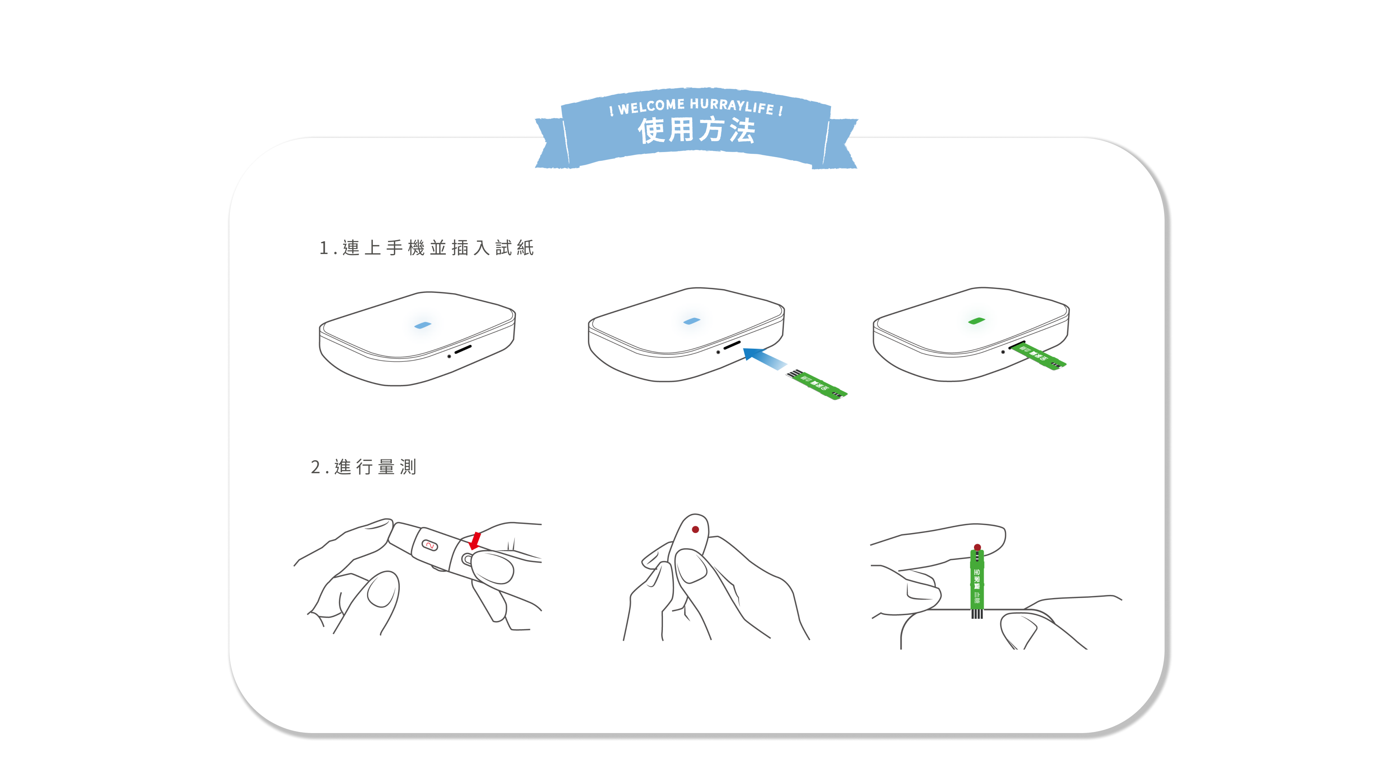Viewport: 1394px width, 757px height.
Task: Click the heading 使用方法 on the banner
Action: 696,131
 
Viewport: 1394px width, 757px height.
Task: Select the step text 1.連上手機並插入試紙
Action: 427,248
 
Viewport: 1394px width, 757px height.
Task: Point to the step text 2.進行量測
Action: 364,466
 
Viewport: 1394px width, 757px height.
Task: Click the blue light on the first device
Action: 422,325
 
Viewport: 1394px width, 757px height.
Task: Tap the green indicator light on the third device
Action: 976,321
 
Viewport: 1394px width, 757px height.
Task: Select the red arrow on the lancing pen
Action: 475,540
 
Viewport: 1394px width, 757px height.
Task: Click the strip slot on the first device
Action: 463,349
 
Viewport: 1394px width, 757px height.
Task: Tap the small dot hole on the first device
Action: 449,356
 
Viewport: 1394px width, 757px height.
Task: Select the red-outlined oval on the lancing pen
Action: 430,545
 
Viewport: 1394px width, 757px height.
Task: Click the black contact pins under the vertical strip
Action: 977,614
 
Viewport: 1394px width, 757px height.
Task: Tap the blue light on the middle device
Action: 692,321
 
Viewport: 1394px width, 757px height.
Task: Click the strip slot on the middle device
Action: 732,345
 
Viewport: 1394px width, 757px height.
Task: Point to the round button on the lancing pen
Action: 466,558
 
